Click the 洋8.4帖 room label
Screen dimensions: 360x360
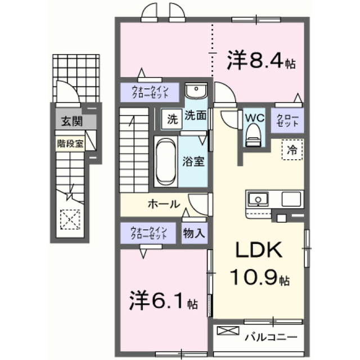pos(261,60)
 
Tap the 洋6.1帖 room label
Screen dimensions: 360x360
pos(164,300)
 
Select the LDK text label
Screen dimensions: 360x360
pos(259,250)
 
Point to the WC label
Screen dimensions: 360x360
pos(255,118)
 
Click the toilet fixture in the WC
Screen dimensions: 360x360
pos(254,135)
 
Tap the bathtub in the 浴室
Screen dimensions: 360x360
pos(166,162)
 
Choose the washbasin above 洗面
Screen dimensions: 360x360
pos(196,91)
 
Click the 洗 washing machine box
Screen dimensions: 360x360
pos(172,119)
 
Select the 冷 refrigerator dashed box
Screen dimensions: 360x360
pos(292,150)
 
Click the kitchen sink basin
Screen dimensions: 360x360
pos(258,199)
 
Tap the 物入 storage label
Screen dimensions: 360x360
pos(193,233)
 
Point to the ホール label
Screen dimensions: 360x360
pos(164,204)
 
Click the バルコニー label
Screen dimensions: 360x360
pos(271,337)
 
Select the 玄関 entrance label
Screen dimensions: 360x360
pos(72,121)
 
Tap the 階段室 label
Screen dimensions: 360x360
pos(70,144)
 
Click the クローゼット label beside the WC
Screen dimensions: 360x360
pos(287,120)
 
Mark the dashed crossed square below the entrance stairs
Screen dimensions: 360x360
pos(70,219)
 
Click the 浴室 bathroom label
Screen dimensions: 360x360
pos(193,161)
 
